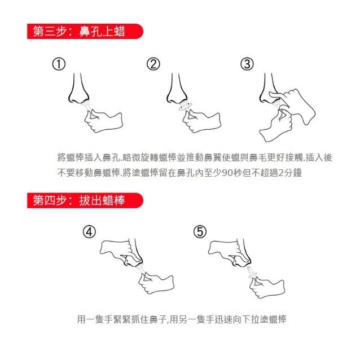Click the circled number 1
tap(59, 64)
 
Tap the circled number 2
tap(153, 64)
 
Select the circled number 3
tap(247, 64)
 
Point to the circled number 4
tap(89, 232)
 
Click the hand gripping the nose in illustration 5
tap(226, 249)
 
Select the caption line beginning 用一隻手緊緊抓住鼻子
tap(181, 319)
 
